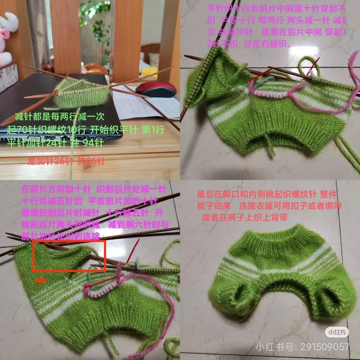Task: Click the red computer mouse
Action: pos(155,89)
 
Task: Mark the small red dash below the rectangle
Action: pos(40,281)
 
